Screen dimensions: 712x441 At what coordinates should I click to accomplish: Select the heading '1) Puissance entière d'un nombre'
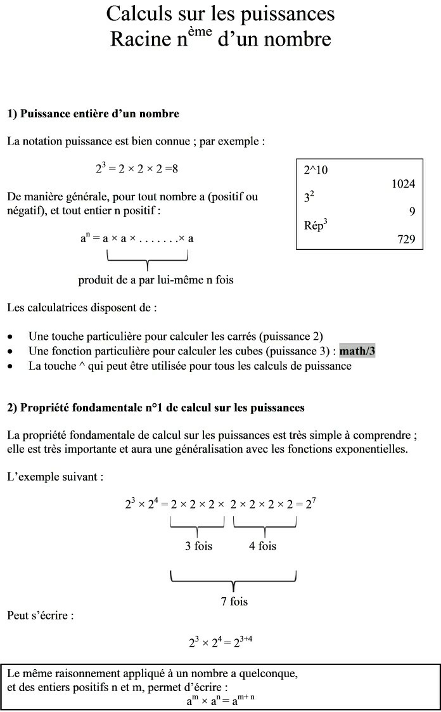pyautogui.click(x=93, y=114)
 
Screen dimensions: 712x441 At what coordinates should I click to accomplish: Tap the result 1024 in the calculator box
pyautogui.click(x=403, y=184)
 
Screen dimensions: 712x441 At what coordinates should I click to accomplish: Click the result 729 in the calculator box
pyautogui.click(x=406, y=239)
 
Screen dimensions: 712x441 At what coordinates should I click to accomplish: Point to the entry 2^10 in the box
pyautogui.click(x=316, y=170)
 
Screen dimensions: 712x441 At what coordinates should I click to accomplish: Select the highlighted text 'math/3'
pyautogui.click(x=357, y=351)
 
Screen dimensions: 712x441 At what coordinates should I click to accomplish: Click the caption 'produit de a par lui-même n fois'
pyautogui.click(x=156, y=280)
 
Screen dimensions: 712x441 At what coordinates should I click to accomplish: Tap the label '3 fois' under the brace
pyautogui.click(x=198, y=545)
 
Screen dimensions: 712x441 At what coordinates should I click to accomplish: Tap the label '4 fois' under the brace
pyautogui.click(x=262, y=545)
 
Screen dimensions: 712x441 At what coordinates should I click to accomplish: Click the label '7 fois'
pyautogui.click(x=234, y=601)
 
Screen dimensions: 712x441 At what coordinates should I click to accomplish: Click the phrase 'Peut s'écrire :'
pyautogui.click(x=41, y=615)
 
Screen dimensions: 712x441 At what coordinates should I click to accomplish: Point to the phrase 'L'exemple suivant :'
pyautogui.click(x=55, y=476)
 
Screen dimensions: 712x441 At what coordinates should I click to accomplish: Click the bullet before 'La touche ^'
pyautogui.click(x=10, y=366)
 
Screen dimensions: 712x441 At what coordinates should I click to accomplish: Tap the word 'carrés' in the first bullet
pyautogui.click(x=241, y=336)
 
